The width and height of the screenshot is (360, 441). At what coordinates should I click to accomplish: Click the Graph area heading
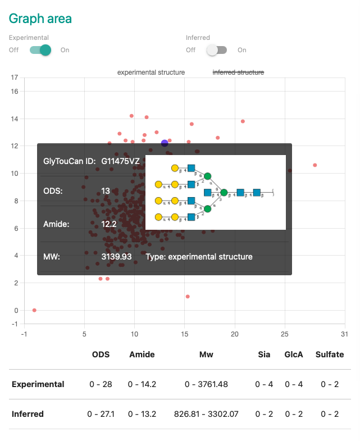(40, 18)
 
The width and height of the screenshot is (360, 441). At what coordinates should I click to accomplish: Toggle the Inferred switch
(216, 50)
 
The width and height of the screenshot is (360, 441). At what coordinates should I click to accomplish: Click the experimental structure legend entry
(151, 72)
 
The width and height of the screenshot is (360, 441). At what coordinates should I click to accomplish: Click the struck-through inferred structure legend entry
(238, 72)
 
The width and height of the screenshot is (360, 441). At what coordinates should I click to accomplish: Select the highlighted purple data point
(165, 143)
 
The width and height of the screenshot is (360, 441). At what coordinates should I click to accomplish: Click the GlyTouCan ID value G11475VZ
(121, 161)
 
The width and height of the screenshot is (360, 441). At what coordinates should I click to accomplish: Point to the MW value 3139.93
(116, 257)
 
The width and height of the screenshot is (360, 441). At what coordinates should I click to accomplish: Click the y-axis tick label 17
(14, 78)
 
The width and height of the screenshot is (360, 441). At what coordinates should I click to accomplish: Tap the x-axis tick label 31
(344, 334)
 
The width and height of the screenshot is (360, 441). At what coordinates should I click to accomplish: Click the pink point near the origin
(34, 310)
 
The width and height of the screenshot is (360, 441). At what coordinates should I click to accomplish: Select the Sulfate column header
(330, 354)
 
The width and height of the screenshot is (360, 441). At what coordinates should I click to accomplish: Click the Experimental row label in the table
(38, 384)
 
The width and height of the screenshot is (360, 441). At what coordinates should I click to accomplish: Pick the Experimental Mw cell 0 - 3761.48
(206, 384)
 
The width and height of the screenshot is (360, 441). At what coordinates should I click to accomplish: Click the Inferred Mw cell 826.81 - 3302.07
(206, 414)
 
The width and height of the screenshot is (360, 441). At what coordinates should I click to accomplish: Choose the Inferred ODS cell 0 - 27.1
(101, 414)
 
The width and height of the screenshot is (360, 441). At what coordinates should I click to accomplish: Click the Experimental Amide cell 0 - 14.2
(142, 384)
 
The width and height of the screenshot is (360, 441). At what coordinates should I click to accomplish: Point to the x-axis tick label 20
(234, 334)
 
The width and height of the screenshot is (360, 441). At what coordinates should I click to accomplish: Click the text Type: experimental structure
(199, 257)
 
